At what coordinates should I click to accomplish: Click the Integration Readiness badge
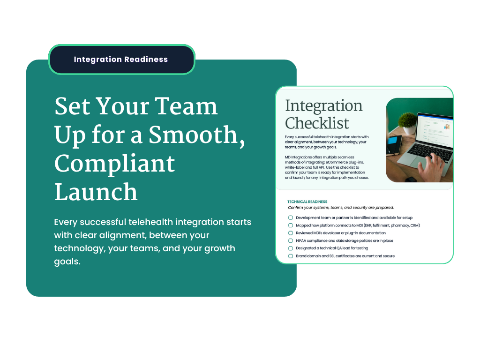[122, 60]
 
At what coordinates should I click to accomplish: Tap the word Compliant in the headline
[114, 164]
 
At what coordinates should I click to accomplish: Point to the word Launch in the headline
[96, 192]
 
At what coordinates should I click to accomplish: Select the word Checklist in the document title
[317, 123]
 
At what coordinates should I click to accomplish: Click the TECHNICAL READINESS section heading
[307, 202]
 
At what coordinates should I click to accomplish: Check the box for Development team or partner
[291, 217]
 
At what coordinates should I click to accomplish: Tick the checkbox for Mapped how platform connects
[291, 225]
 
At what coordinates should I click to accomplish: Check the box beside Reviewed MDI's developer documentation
[291, 233]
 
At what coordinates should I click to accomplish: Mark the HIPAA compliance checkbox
[291, 240]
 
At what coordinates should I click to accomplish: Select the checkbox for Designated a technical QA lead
[291, 248]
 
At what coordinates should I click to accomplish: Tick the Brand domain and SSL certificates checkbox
[291, 256]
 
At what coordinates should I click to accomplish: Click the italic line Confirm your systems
[341, 208]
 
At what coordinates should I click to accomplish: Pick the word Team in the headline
[186, 106]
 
